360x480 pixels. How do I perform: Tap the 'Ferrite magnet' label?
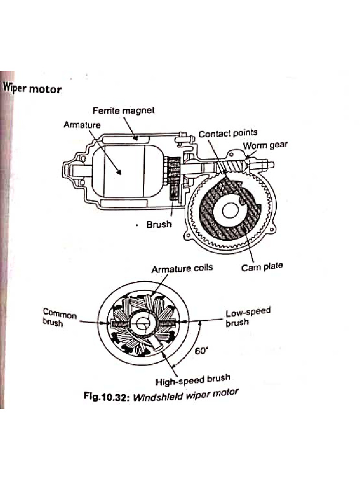[123, 111]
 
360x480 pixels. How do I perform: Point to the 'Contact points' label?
[228, 134]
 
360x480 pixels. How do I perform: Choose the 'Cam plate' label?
[262, 267]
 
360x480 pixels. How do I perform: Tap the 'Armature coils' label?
[182, 269]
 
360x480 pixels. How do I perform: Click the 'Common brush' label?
[60, 317]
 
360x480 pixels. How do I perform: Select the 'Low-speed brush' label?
[248, 317]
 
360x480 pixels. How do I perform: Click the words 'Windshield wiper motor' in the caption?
[186, 395]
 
